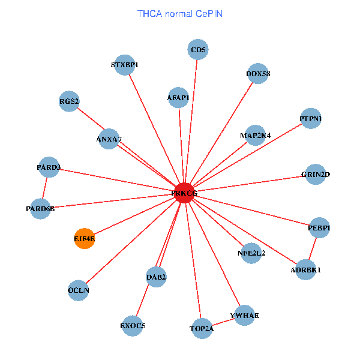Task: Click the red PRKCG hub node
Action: click(184, 193)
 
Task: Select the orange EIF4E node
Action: click(85, 239)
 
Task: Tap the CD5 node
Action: click(198, 50)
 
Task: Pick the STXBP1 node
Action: click(125, 65)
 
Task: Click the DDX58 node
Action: click(258, 74)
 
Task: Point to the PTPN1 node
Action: click(311, 119)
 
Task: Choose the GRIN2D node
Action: click(316, 175)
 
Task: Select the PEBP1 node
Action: click(319, 227)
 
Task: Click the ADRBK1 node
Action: click(305, 269)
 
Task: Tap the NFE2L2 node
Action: click(251, 253)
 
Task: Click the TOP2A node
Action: click(202, 328)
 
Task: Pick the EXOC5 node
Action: click(133, 326)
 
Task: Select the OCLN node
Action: click(79, 290)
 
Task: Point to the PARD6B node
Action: click(40, 209)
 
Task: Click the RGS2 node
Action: click(70, 101)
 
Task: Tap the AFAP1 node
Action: click(178, 97)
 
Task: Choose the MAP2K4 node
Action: click(256, 135)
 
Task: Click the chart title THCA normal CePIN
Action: click(180, 13)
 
